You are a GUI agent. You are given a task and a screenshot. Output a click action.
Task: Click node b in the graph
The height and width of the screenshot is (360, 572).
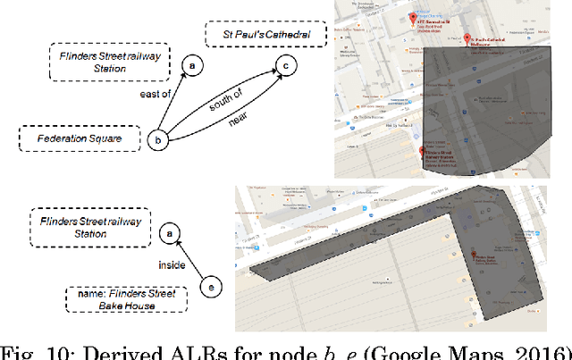158,139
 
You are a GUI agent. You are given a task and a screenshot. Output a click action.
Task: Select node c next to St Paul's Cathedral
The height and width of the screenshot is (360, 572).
285,65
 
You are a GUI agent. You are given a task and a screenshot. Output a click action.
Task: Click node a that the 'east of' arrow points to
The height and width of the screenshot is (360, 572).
190,64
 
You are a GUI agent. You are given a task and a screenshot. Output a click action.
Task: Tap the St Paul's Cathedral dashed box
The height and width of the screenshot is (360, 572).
261,36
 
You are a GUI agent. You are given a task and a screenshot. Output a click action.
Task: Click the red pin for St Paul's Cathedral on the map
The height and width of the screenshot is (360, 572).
467,38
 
